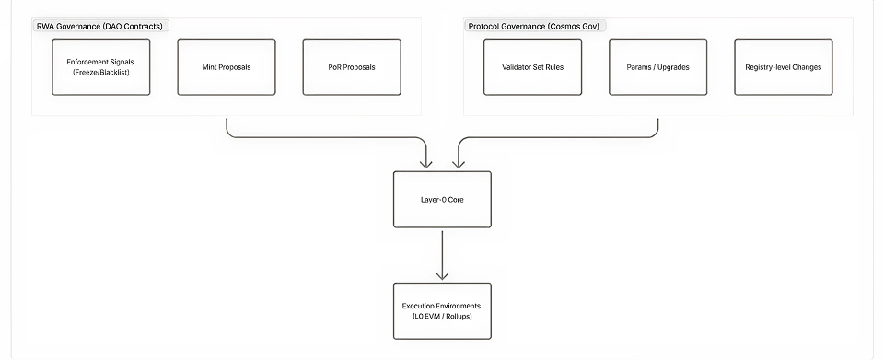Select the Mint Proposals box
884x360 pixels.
click(226, 66)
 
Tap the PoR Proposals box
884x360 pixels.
click(351, 66)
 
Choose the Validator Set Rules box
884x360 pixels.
click(532, 66)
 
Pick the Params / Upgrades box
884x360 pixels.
click(657, 66)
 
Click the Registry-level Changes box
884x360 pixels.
click(783, 66)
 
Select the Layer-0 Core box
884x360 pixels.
click(442, 199)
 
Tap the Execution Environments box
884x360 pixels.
click(442, 310)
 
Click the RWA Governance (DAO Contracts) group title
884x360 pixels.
click(99, 26)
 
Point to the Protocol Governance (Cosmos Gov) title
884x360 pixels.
click(533, 26)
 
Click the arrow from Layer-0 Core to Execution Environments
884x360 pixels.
click(442, 254)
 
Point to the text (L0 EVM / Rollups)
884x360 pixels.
click(442, 317)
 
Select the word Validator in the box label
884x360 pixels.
click(517, 67)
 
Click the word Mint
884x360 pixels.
click(209, 67)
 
